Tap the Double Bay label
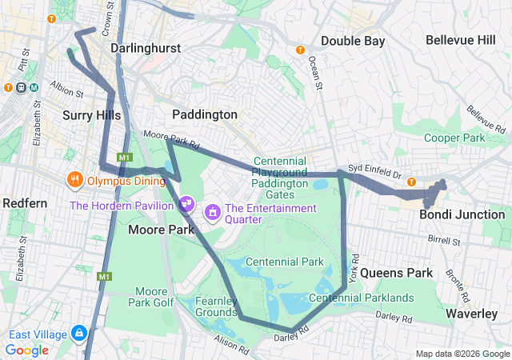pos(353,41)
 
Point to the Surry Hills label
pos(91,115)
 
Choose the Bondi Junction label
pos(462,214)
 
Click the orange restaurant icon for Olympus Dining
pos(74,179)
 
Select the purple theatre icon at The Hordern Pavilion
pos(186,204)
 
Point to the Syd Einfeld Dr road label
pos(373,169)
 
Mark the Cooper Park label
pos(454,138)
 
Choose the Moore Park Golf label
pos(151,297)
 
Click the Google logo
pos(27,350)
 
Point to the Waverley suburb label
pos(473,314)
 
